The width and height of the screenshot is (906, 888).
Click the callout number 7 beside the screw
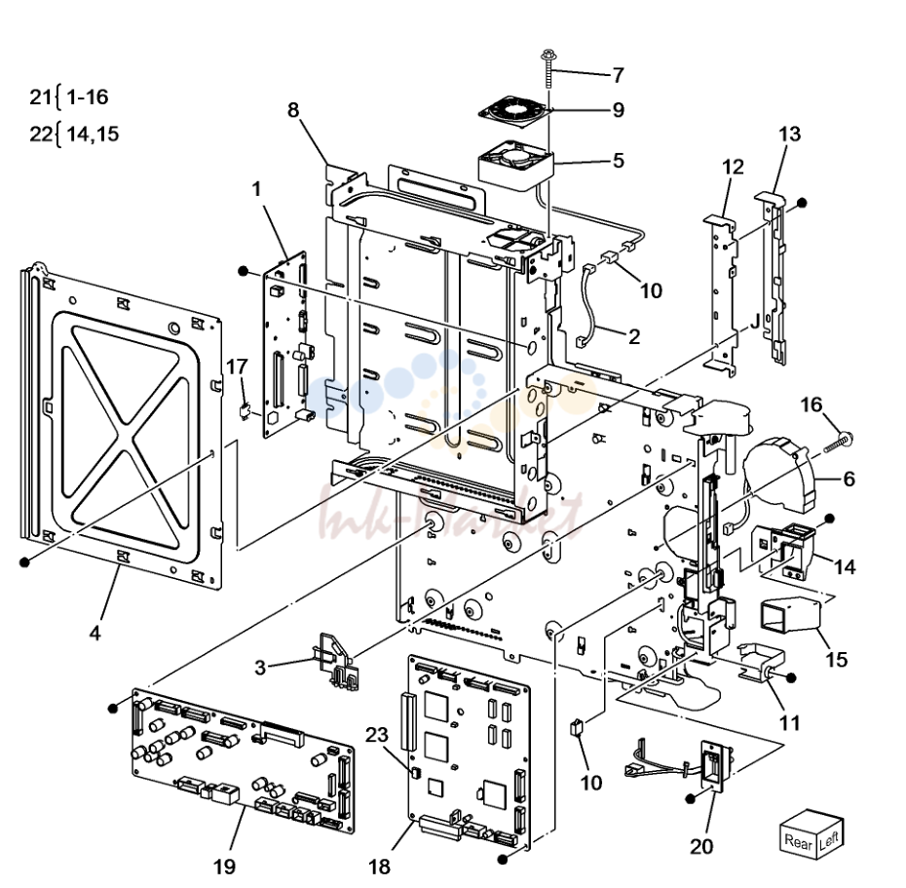click(x=619, y=75)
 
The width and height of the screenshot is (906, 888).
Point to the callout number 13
click(x=789, y=135)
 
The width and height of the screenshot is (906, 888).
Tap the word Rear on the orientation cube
click(x=798, y=841)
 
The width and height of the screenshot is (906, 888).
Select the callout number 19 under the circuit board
click(x=224, y=866)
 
